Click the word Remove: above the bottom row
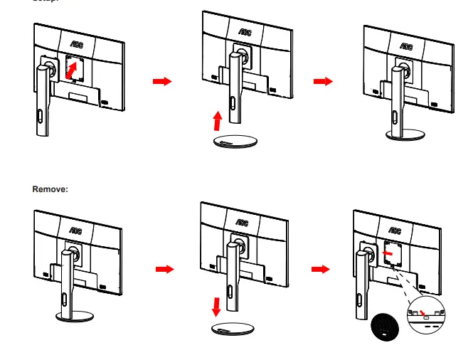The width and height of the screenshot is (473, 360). click(x=50, y=189)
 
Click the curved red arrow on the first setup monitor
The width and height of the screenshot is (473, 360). click(x=71, y=70)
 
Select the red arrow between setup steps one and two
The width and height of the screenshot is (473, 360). click(x=163, y=82)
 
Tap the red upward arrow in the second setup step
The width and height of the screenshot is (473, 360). click(x=218, y=119)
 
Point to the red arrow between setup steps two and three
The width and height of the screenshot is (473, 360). click(x=324, y=82)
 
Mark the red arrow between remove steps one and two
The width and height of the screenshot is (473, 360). click(x=164, y=270)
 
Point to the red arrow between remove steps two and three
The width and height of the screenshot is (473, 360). click(x=321, y=270)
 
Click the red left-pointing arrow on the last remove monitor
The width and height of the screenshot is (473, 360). click(x=387, y=251)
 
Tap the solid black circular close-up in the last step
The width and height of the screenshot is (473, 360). click(x=384, y=325)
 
